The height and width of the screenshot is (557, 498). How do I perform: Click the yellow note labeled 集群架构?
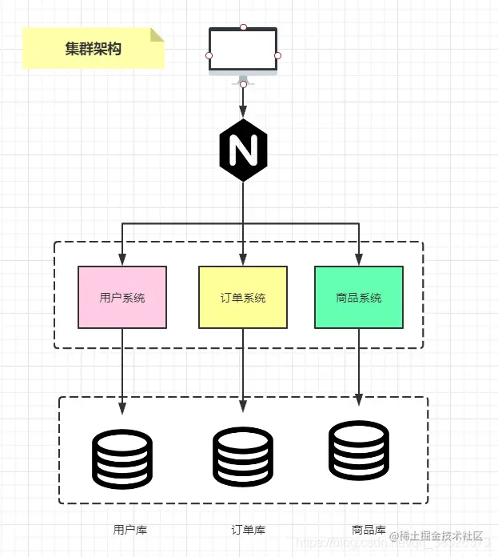pyautogui.click(x=94, y=48)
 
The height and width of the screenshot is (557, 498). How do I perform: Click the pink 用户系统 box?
pyautogui.click(x=122, y=298)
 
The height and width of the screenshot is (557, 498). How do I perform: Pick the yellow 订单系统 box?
pyautogui.click(x=243, y=298)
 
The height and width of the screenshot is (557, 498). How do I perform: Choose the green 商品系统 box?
pyautogui.click(x=359, y=298)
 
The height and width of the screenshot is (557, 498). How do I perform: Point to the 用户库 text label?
pyautogui.click(x=130, y=530)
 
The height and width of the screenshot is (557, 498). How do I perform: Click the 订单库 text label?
pyautogui.click(x=249, y=530)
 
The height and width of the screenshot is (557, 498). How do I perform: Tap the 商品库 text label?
pyautogui.click(x=369, y=530)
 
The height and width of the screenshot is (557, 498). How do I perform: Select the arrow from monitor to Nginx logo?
pyautogui.click(x=243, y=101)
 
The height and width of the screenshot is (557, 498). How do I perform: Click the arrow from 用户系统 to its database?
pyautogui.click(x=122, y=368)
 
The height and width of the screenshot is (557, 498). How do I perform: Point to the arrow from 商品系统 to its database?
pyautogui.click(x=359, y=364)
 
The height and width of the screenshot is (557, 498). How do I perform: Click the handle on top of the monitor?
pyautogui.click(x=243, y=27)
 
